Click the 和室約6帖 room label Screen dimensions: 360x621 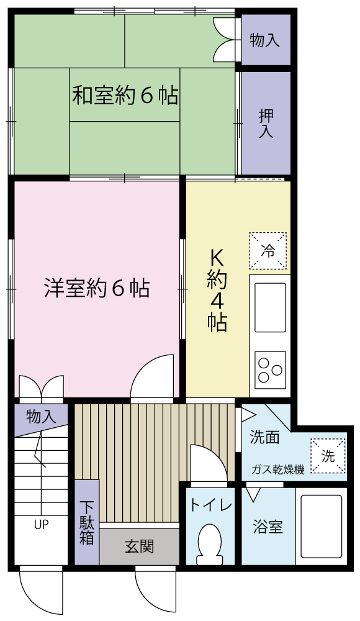(125, 95)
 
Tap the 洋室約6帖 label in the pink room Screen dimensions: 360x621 (97, 288)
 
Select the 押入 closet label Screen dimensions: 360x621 (266, 124)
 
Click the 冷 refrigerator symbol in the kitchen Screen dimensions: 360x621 (268, 251)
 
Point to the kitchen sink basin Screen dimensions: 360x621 (270, 308)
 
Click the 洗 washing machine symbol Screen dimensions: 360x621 (328, 456)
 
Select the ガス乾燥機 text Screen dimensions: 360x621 (279, 470)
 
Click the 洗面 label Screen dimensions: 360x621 (264, 437)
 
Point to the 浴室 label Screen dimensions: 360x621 (268, 527)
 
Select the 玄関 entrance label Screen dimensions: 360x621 (140, 547)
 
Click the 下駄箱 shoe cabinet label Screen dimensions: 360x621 (86, 523)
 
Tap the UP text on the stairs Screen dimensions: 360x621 (41, 525)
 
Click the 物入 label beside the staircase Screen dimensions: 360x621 (41, 417)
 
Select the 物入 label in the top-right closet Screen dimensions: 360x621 (264, 40)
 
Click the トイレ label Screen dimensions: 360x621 (210, 505)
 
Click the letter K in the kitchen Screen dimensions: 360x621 (217, 260)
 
